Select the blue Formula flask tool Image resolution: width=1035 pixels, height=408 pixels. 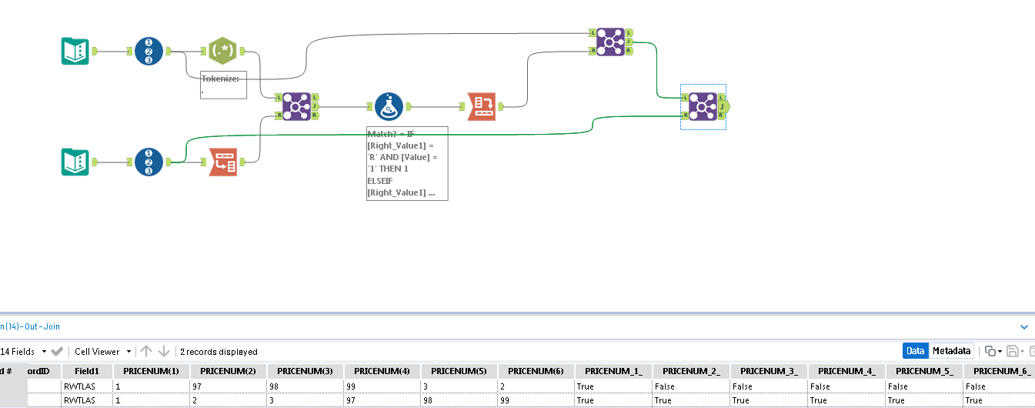(x=389, y=107)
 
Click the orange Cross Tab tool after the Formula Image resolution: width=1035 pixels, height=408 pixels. (x=481, y=107)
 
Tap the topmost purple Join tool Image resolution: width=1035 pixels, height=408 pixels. (x=610, y=42)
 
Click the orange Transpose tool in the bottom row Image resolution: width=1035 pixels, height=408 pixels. (x=223, y=162)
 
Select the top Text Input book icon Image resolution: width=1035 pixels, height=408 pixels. (x=75, y=52)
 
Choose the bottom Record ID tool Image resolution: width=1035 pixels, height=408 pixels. (x=149, y=162)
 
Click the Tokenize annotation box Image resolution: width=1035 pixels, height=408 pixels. (x=223, y=85)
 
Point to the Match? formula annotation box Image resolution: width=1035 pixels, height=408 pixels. (x=407, y=163)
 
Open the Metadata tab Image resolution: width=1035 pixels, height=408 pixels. (x=951, y=351)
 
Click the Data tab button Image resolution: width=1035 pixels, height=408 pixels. (x=915, y=351)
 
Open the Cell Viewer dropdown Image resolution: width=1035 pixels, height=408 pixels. (x=102, y=352)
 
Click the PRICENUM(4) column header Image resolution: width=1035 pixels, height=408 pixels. (x=382, y=371)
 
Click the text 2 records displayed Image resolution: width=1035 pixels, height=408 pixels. (x=219, y=352)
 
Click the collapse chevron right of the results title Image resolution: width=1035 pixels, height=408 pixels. (x=1023, y=327)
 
